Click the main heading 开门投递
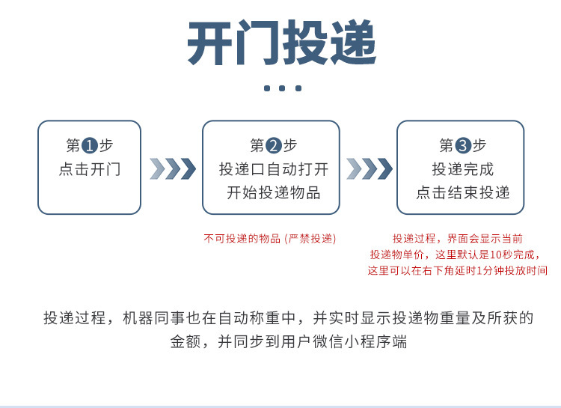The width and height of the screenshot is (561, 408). click(x=281, y=43)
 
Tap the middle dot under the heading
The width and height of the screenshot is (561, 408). click(x=282, y=88)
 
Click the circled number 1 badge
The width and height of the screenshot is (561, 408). click(x=90, y=145)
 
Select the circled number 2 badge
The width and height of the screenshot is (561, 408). click(x=274, y=145)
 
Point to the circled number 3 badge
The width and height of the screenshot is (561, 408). click(x=463, y=145)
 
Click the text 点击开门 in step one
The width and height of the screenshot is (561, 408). click(x=90, y=169)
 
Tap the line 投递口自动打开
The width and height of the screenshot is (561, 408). click(x=274, y=169)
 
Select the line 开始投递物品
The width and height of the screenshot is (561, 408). click(x=274, y=192)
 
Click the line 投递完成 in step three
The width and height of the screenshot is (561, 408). click(x=463, y=169)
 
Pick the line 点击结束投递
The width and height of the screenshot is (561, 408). click(x=463, y=192)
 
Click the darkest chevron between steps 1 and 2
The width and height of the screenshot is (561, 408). click(x=188, y=168)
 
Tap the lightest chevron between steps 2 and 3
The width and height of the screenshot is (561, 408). click(x=354, y=168)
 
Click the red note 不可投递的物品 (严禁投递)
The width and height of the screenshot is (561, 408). click(x=270, y=239)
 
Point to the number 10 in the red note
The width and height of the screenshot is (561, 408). click(x=495, y=255)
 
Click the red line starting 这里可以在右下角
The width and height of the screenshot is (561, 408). click(x=458, y=270)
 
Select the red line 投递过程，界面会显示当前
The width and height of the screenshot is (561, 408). click(x=458, y=239)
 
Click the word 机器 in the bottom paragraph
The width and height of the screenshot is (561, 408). click(x=138, y=318)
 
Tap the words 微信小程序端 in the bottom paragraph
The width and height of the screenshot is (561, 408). click(x=360, y=341)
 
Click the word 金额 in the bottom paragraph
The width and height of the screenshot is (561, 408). click(x=186, y=341)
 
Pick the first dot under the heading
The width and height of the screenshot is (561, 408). click(x=267, y=88)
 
